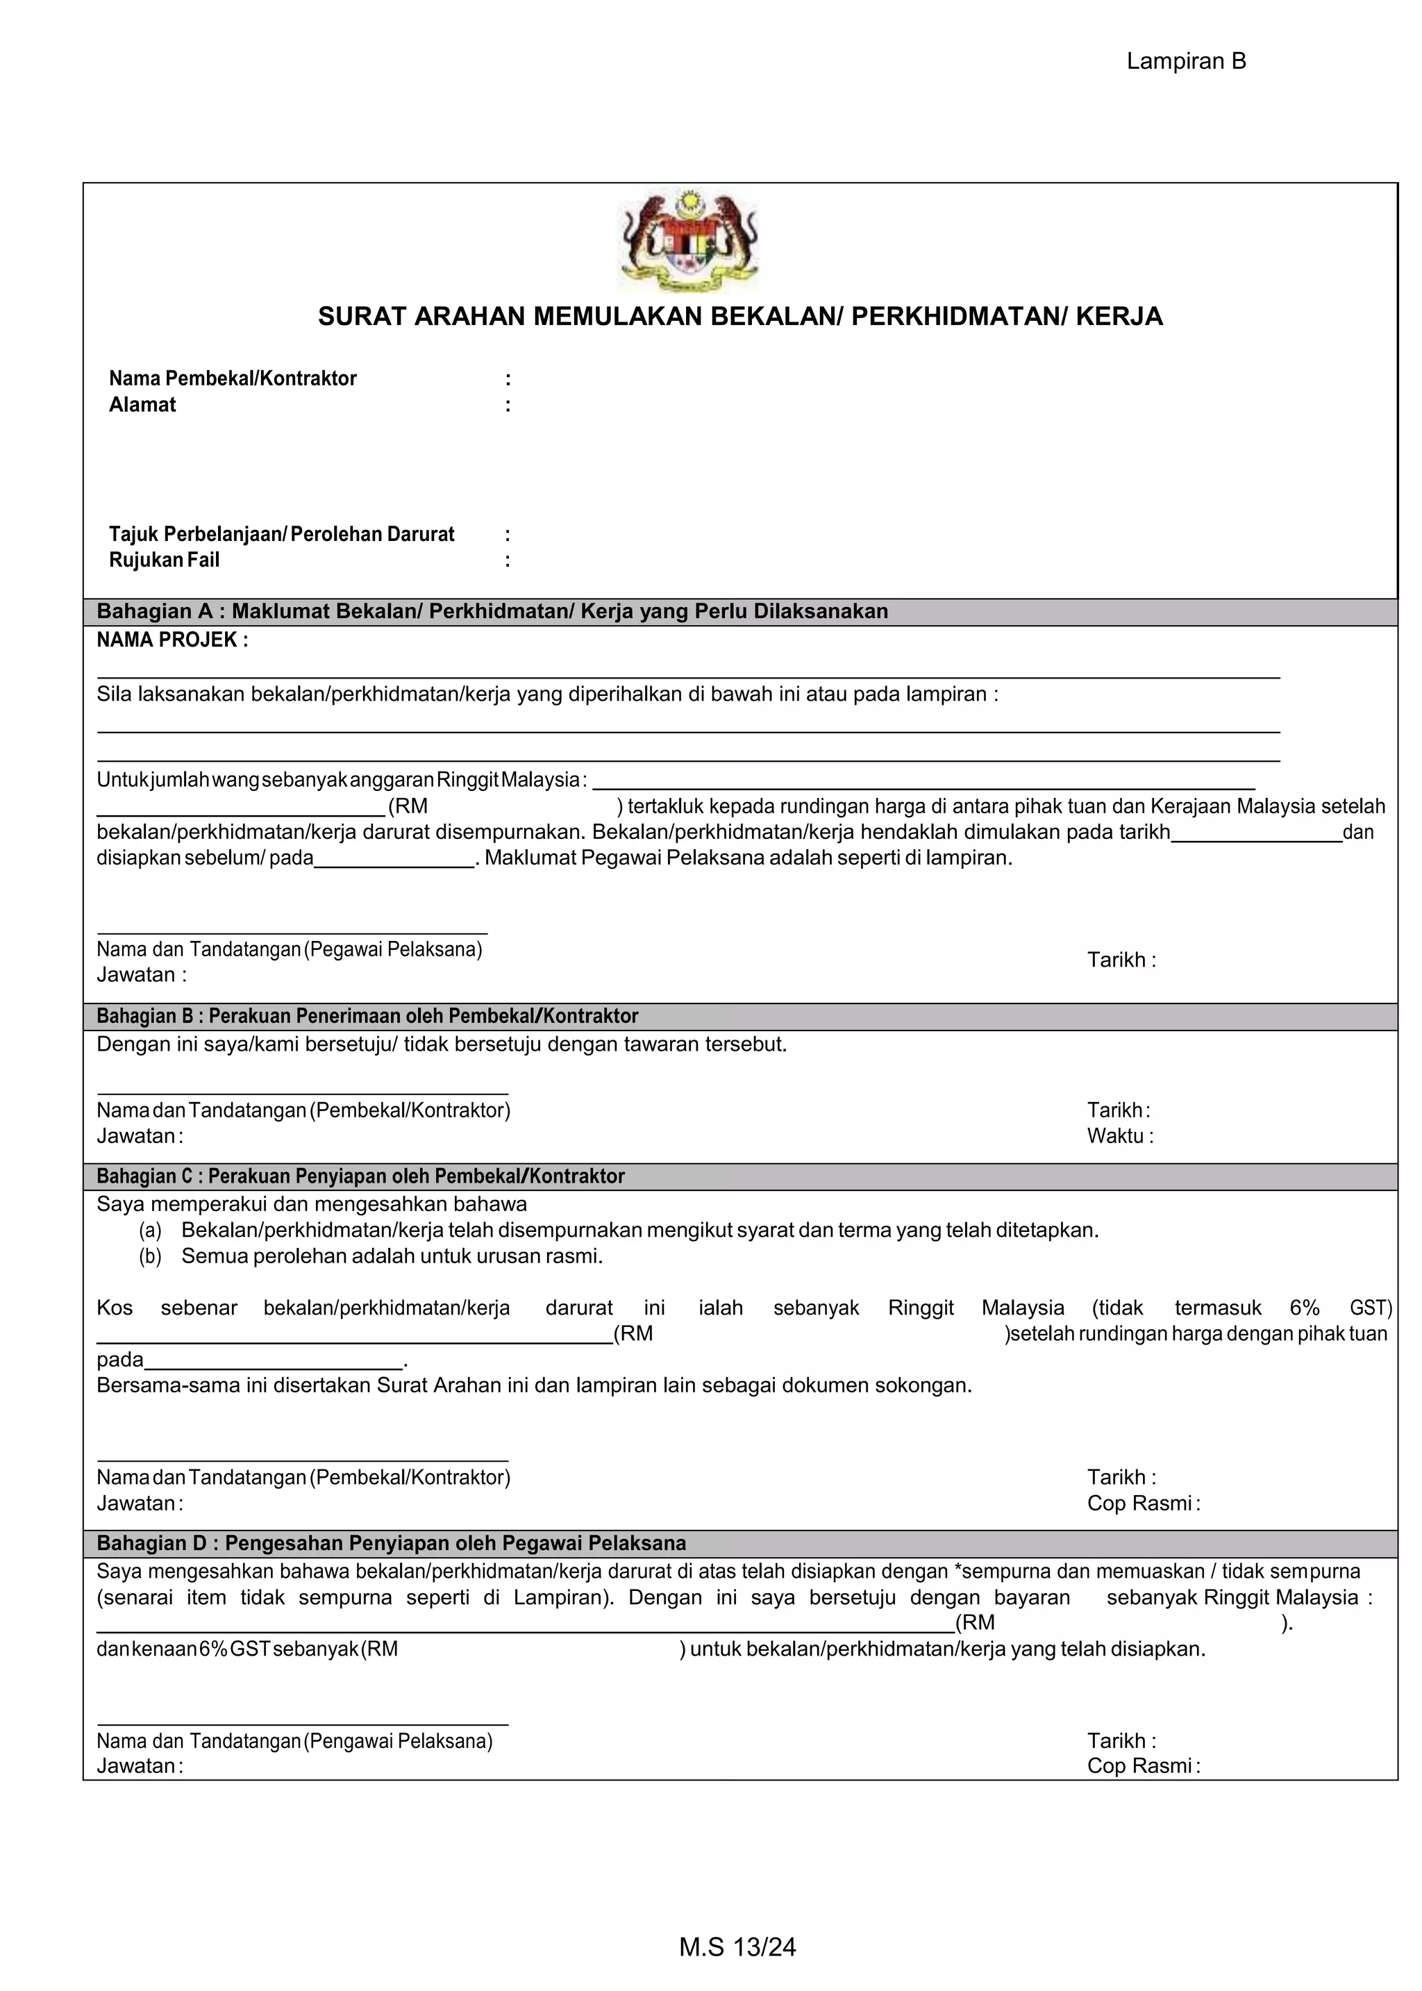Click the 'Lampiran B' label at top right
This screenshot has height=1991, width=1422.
[1186, 61]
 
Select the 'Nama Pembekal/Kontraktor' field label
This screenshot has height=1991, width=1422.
[232, 378]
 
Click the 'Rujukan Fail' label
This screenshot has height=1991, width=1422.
[164, 560]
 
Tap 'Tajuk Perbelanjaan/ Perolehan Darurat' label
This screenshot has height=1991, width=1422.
[281, 534]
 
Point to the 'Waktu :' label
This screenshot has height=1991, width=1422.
[1120, 1135]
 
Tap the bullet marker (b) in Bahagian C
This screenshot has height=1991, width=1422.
[151, 1256]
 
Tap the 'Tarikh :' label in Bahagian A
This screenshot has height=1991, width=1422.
[1121, 960]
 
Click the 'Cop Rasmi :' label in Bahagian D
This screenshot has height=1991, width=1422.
[1143, 1766]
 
